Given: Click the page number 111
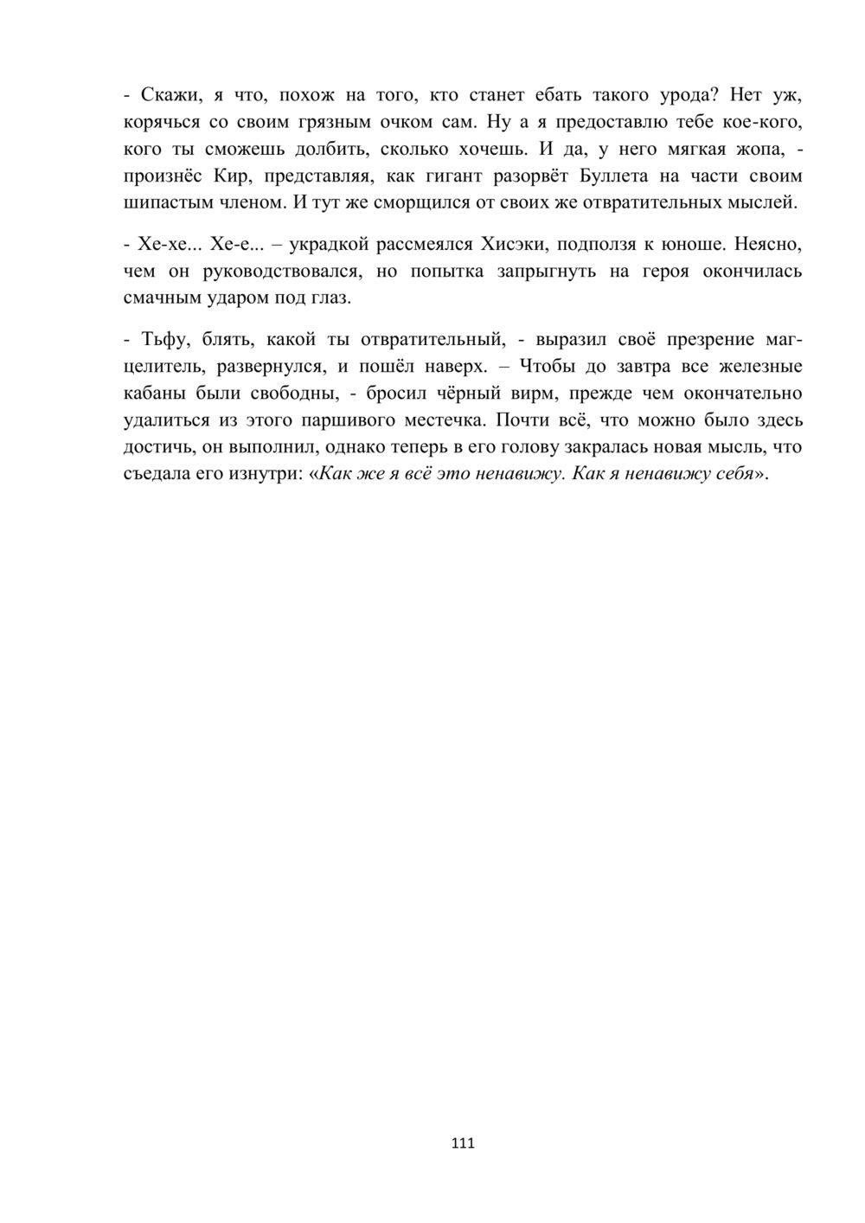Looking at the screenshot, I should click(463, 1143).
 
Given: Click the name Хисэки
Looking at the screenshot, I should click(513, 244).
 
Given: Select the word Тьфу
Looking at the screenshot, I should click(161, 338).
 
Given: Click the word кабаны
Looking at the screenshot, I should click(152, 394).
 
